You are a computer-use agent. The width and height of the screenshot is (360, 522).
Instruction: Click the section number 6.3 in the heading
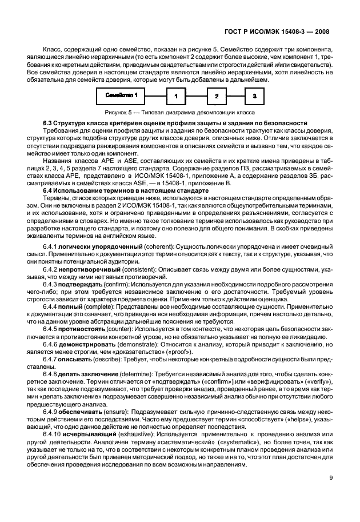48,123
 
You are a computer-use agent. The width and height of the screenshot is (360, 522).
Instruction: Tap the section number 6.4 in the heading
48,190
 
